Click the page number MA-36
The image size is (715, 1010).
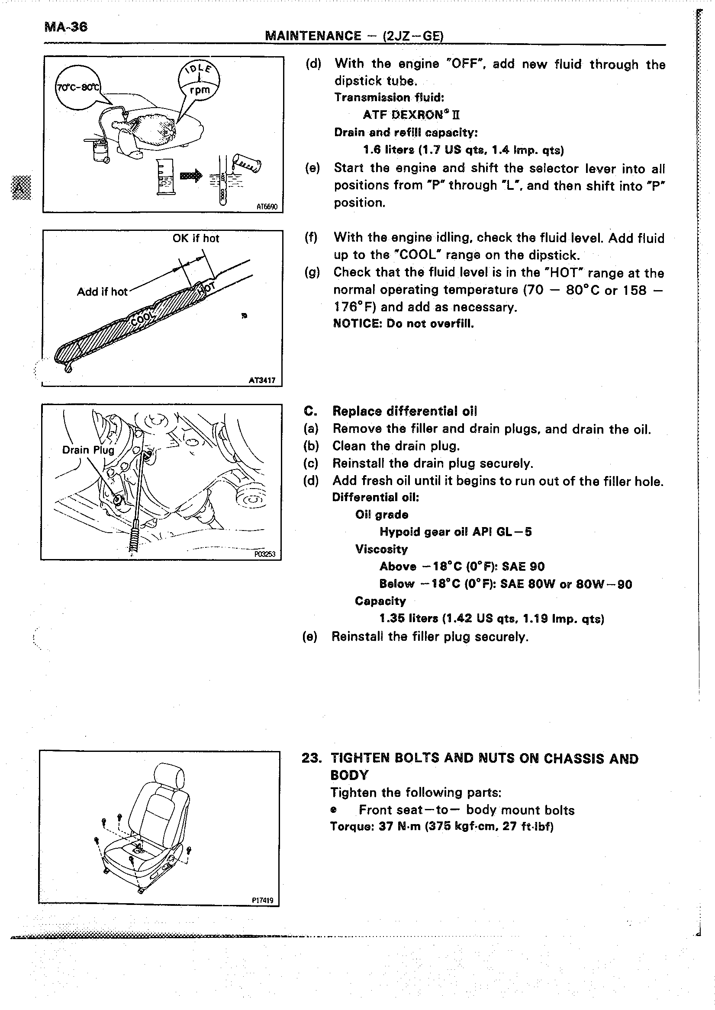[x=66, y=27]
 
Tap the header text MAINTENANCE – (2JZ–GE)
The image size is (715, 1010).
[x=354, y=35]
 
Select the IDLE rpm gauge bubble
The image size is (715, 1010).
[x=199, y=79]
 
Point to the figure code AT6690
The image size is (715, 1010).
[x=267, y=206]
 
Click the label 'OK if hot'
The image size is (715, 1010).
[x=196, y=238]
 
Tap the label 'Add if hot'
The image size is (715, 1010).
[x=102, y=292]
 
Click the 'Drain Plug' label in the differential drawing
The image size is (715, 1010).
[x=88, y=450]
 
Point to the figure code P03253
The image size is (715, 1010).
[x=264, y=554]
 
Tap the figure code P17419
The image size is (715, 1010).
[x=262, y=900]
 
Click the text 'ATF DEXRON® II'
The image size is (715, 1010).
[x=411, y=115]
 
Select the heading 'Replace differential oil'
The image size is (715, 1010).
[x=404, y=411]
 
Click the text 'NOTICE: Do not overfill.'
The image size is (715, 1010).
[x=403, y=324]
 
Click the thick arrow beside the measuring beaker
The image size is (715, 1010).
[x=190, y=176]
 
